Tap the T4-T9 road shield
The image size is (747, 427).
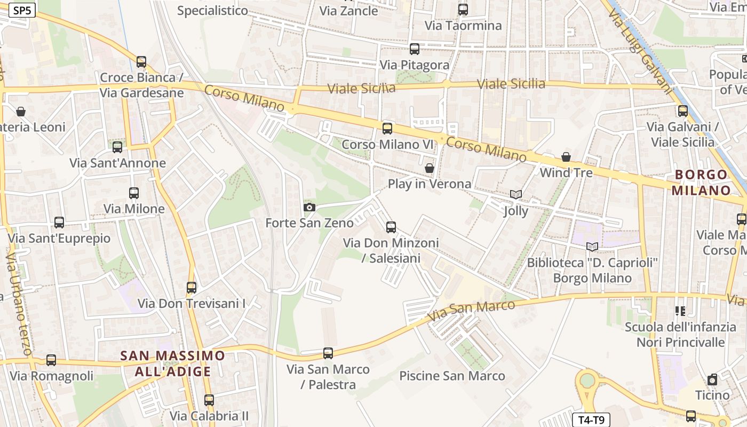point(591,420)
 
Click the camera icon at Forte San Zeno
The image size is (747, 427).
point(309,207)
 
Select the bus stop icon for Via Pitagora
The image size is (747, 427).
point(415,49)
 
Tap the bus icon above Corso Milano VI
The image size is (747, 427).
point(387,128)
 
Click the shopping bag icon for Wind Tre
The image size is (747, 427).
point(566,157)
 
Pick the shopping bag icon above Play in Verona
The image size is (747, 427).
point(429,168)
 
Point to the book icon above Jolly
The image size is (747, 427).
point(515,195)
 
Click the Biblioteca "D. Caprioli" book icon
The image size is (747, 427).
point(592,247)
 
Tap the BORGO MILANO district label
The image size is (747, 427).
point(701,183)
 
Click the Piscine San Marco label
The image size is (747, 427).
point(452,376)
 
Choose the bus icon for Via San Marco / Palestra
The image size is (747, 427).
point(328,353)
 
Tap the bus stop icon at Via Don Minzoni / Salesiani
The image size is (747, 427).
point(391,227)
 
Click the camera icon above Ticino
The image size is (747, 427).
point(712,379)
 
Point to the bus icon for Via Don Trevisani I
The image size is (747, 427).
point(192,288)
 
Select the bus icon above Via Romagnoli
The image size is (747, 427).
point(51,360)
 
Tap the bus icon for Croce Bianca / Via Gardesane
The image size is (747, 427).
point(141,62)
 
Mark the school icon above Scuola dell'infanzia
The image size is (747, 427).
point(680,311)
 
